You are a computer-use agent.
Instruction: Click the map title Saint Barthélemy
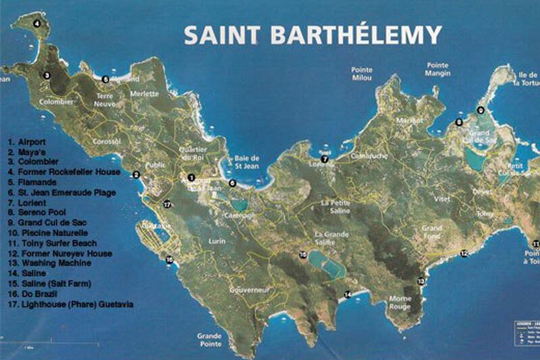(x=313, y=35)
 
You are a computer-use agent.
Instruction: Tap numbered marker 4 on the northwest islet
(x=37, y=23)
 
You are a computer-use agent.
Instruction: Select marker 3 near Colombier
(x=47, y=76)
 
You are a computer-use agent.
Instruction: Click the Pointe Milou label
(x=362, y=74)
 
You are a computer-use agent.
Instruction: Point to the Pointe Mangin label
(x=437, y=70)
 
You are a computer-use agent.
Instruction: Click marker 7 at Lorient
(x=325, y=159)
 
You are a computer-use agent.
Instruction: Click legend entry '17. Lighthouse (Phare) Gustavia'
(x=70, y=305)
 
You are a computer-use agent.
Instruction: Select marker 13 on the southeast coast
(x=421, y=280)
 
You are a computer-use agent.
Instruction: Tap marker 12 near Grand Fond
(x=464, y=253)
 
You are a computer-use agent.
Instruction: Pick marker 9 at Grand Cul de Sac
(x=481, y=110)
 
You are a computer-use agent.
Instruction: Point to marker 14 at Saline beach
(x=348, y=294)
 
